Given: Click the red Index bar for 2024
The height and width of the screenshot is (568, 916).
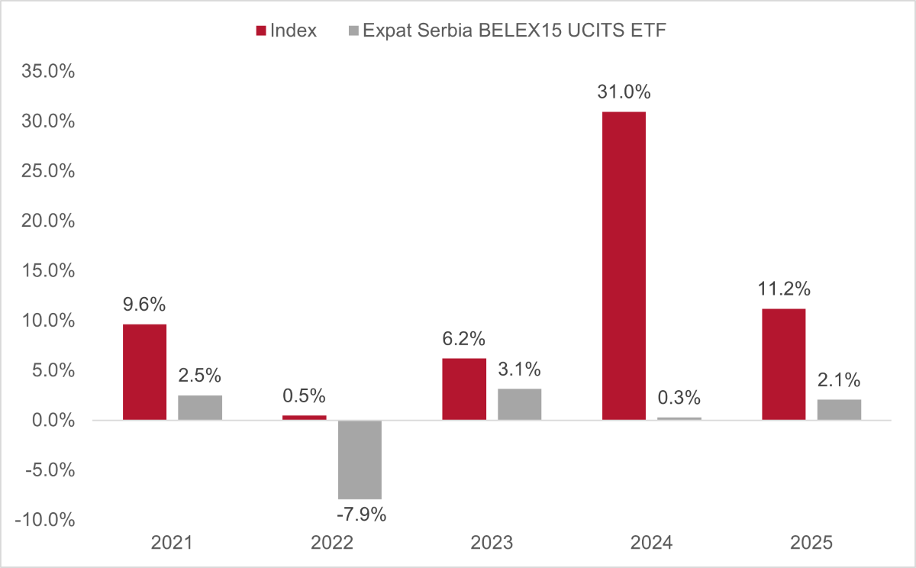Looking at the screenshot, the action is click(x=624, y=266).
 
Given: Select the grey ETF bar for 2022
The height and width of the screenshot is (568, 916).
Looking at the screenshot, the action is click(x=360, y=460).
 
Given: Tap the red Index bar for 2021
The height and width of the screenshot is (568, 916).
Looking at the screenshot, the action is click(x=145, y=372).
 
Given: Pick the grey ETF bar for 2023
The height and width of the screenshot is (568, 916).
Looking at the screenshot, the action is click(x=519, y=405).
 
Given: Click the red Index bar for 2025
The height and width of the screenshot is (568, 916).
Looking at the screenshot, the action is click(x=783, y=364).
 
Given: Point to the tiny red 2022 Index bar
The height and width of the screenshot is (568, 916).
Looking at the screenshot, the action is click(x=305, y=418).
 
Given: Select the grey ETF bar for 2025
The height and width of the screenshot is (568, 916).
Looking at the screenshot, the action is click(x=839, y=410).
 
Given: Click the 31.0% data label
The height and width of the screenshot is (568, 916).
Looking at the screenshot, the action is click(x=624, y=92).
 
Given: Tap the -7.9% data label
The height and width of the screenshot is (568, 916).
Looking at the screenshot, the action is click(x=362, y=515).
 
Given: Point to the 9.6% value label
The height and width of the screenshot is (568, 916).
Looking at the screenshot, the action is click(x=144, y=305).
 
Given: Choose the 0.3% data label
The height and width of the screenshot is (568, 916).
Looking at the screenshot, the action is click(x=679, y=398).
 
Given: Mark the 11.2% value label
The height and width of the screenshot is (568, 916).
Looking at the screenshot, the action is click(x=784, y=289).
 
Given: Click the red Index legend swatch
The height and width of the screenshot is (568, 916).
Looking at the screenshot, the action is click(x=261, y=31).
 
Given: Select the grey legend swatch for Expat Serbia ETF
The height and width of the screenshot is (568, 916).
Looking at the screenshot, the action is click(x=353, y=31).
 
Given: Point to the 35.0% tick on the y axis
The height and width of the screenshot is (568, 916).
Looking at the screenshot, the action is click(x=48, y=71).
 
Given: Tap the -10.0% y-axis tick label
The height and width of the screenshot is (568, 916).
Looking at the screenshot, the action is click(x=45, y=520).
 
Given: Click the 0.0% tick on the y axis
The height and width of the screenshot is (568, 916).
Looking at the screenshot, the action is click(x=53, y=421).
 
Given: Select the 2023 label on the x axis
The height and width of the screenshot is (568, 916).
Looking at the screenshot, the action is click(x=492, y=543).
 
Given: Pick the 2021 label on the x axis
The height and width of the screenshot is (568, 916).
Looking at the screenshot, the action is click(x=172, y=543).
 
